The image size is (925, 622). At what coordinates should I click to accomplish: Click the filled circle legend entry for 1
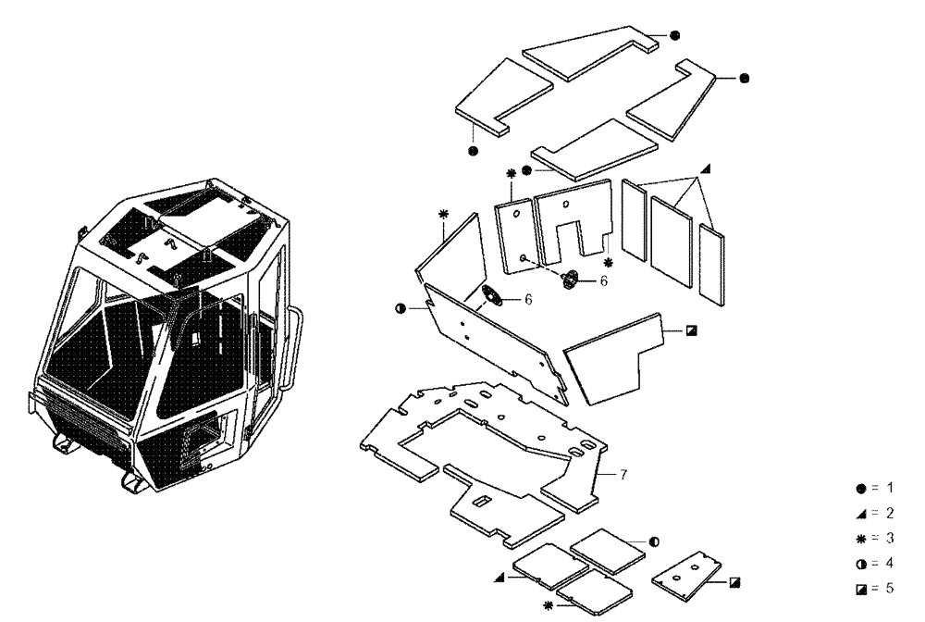[861, 486]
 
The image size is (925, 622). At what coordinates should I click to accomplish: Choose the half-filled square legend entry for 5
[861, 588]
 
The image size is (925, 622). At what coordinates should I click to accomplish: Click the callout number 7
[624, 475]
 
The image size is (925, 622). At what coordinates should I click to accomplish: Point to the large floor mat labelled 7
[481, 444]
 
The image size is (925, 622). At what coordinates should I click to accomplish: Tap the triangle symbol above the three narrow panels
[705, 168]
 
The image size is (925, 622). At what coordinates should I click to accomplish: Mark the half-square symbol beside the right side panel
[692, 329]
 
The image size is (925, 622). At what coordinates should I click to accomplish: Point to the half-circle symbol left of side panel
[401, 308]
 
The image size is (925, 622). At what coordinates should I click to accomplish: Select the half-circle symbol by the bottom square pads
[654, 541]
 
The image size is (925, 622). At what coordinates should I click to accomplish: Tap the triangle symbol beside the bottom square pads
[500, 577]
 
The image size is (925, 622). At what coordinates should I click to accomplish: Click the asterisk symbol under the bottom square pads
[549, 604]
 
